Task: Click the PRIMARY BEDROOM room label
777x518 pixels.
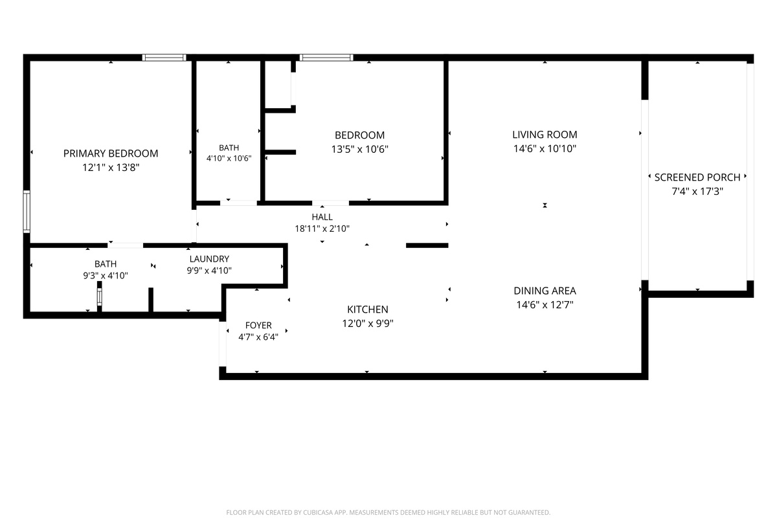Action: pos(111,153)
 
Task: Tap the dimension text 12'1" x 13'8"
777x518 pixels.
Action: pos(111,168)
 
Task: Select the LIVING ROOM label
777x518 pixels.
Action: pos(545,135)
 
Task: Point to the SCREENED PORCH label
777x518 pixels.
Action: pos(697,177)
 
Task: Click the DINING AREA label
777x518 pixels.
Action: pos(545,291)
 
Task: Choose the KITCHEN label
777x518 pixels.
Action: pos(368,310)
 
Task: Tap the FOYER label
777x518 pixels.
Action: pos(258,326)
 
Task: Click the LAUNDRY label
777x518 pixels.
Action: pos(209,259)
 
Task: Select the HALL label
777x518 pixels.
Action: pos(322,217)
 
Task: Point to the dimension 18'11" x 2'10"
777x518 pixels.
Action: pos(322,229)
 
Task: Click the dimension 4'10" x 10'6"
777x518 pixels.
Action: pos(229,159)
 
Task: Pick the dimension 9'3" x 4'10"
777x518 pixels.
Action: pos(106,276)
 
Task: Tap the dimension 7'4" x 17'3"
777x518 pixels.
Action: pos(697,192)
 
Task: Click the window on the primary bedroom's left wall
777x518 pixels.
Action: pos(27,211)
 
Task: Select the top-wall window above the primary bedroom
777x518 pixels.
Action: pos(164,58)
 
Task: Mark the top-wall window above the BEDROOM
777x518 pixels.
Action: pos(326,58)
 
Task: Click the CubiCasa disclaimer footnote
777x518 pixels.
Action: pos(388,512)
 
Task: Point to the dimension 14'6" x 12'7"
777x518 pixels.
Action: pos(545,305)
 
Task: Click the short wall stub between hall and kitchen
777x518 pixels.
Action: pos(427,245)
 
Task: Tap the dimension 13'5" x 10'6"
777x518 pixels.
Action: pos(360,149)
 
